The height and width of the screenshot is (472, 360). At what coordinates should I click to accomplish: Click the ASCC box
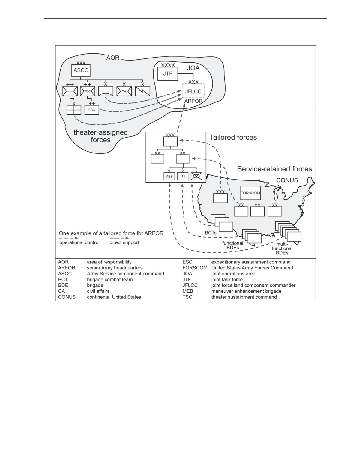[x=81, y=70]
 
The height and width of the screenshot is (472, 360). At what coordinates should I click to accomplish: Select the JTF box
[x=168, y=74]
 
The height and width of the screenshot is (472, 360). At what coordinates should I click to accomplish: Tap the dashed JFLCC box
[x=193, y=91]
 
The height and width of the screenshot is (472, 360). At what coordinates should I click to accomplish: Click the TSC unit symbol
[x=87, y=91]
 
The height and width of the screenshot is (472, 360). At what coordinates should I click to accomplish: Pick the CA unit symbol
[x=124, y=91]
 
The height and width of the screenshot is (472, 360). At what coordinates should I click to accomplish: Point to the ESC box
[x=92, y=110]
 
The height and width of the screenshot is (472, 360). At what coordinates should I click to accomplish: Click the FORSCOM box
[x=250, y=193]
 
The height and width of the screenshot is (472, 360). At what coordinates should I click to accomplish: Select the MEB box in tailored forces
[x=169, y=176]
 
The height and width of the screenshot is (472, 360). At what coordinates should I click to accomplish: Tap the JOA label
[x=193, y=68]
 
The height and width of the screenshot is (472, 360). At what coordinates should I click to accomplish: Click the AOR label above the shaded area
[x=113, y=58]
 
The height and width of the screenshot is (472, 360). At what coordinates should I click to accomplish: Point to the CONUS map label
[x=287, y=180]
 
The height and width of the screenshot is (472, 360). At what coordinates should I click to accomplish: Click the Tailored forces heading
[x=233, y=137]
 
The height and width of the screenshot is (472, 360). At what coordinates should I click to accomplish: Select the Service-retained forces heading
[x=274, y=169]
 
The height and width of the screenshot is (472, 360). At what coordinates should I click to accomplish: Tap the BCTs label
[x=211, y=233]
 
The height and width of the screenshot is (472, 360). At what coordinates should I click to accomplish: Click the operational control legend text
[x=79, y=242]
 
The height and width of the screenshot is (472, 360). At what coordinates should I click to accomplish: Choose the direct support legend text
[x=124, y=242]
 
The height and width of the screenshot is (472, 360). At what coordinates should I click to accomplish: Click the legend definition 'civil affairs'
[x=98, y=291]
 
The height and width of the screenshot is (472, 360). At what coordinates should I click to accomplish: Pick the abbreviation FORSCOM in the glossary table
[x=195, y=268]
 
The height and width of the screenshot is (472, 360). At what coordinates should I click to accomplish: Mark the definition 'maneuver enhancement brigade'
[x=246, y=291]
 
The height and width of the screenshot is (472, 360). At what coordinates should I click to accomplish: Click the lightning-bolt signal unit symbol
[x=143, y=91]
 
